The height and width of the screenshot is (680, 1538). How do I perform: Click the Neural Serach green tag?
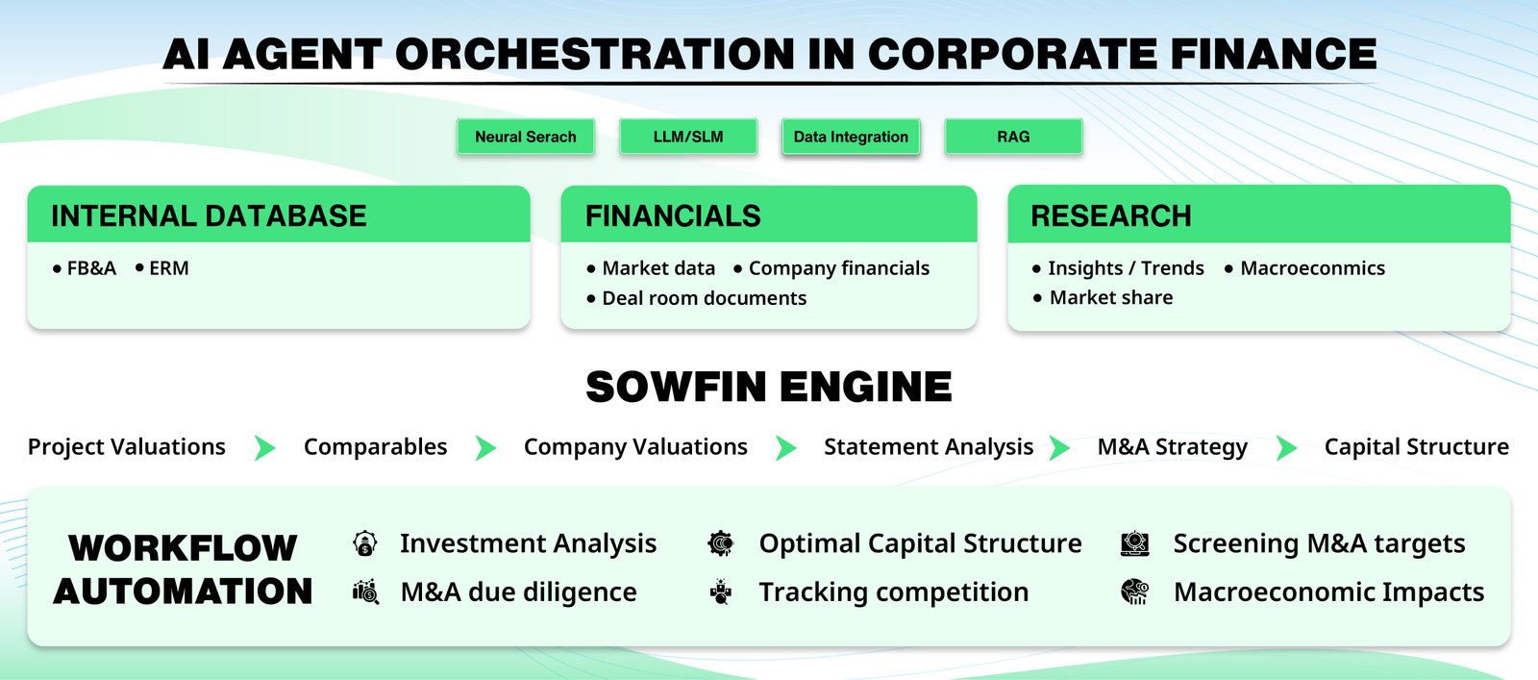tap(526, 136)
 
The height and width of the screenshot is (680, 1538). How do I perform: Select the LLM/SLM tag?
tap(688, 136)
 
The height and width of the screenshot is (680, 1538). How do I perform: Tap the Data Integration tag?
tap(851, 136)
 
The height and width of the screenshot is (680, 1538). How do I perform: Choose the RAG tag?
tap(1013, 136)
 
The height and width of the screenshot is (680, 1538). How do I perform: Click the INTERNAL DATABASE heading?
tap(209, 215)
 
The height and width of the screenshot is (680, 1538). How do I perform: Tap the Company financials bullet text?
tap(839, 268)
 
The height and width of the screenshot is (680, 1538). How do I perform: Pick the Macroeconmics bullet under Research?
tap(1313, 268)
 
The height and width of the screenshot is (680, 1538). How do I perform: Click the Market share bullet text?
tap(1111, 297)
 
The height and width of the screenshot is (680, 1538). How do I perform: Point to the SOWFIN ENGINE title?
tap(769, 387)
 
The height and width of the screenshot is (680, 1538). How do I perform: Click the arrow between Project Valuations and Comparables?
tap(265, 448)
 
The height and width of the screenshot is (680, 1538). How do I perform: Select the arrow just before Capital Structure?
tap(1287, 448)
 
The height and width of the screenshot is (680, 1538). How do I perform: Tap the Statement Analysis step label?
tap(929, 447)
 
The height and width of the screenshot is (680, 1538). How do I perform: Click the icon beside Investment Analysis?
tap(365, 543)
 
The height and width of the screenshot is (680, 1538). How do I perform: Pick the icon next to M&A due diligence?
tap(365, 592)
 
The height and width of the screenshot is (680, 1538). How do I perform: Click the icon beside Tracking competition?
tap(721, 592)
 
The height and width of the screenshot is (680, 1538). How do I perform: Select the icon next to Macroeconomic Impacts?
tap(1135, 592)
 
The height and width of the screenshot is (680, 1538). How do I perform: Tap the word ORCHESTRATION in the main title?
tap(595, 54)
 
